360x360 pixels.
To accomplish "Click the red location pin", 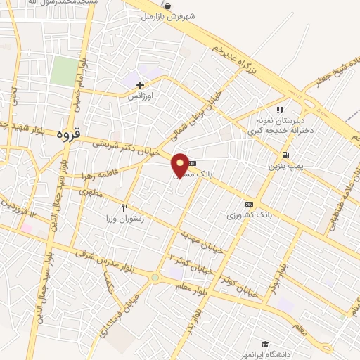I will click(x=180, y=165).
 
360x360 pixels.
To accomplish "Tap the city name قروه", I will click(x=68, y=132).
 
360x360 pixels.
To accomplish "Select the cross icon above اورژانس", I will click(x=140, y=85).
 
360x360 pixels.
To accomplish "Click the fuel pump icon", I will click(x=285, y=155).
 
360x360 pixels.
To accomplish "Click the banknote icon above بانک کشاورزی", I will click(x=248, y=204).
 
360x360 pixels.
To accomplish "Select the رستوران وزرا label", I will click(x=127, y=219).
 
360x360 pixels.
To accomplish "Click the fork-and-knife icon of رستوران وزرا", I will click(x=125, y=207).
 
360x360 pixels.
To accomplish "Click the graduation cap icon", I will click(x=265, y=344).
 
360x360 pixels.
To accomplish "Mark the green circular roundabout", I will click(x=154, y=278).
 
